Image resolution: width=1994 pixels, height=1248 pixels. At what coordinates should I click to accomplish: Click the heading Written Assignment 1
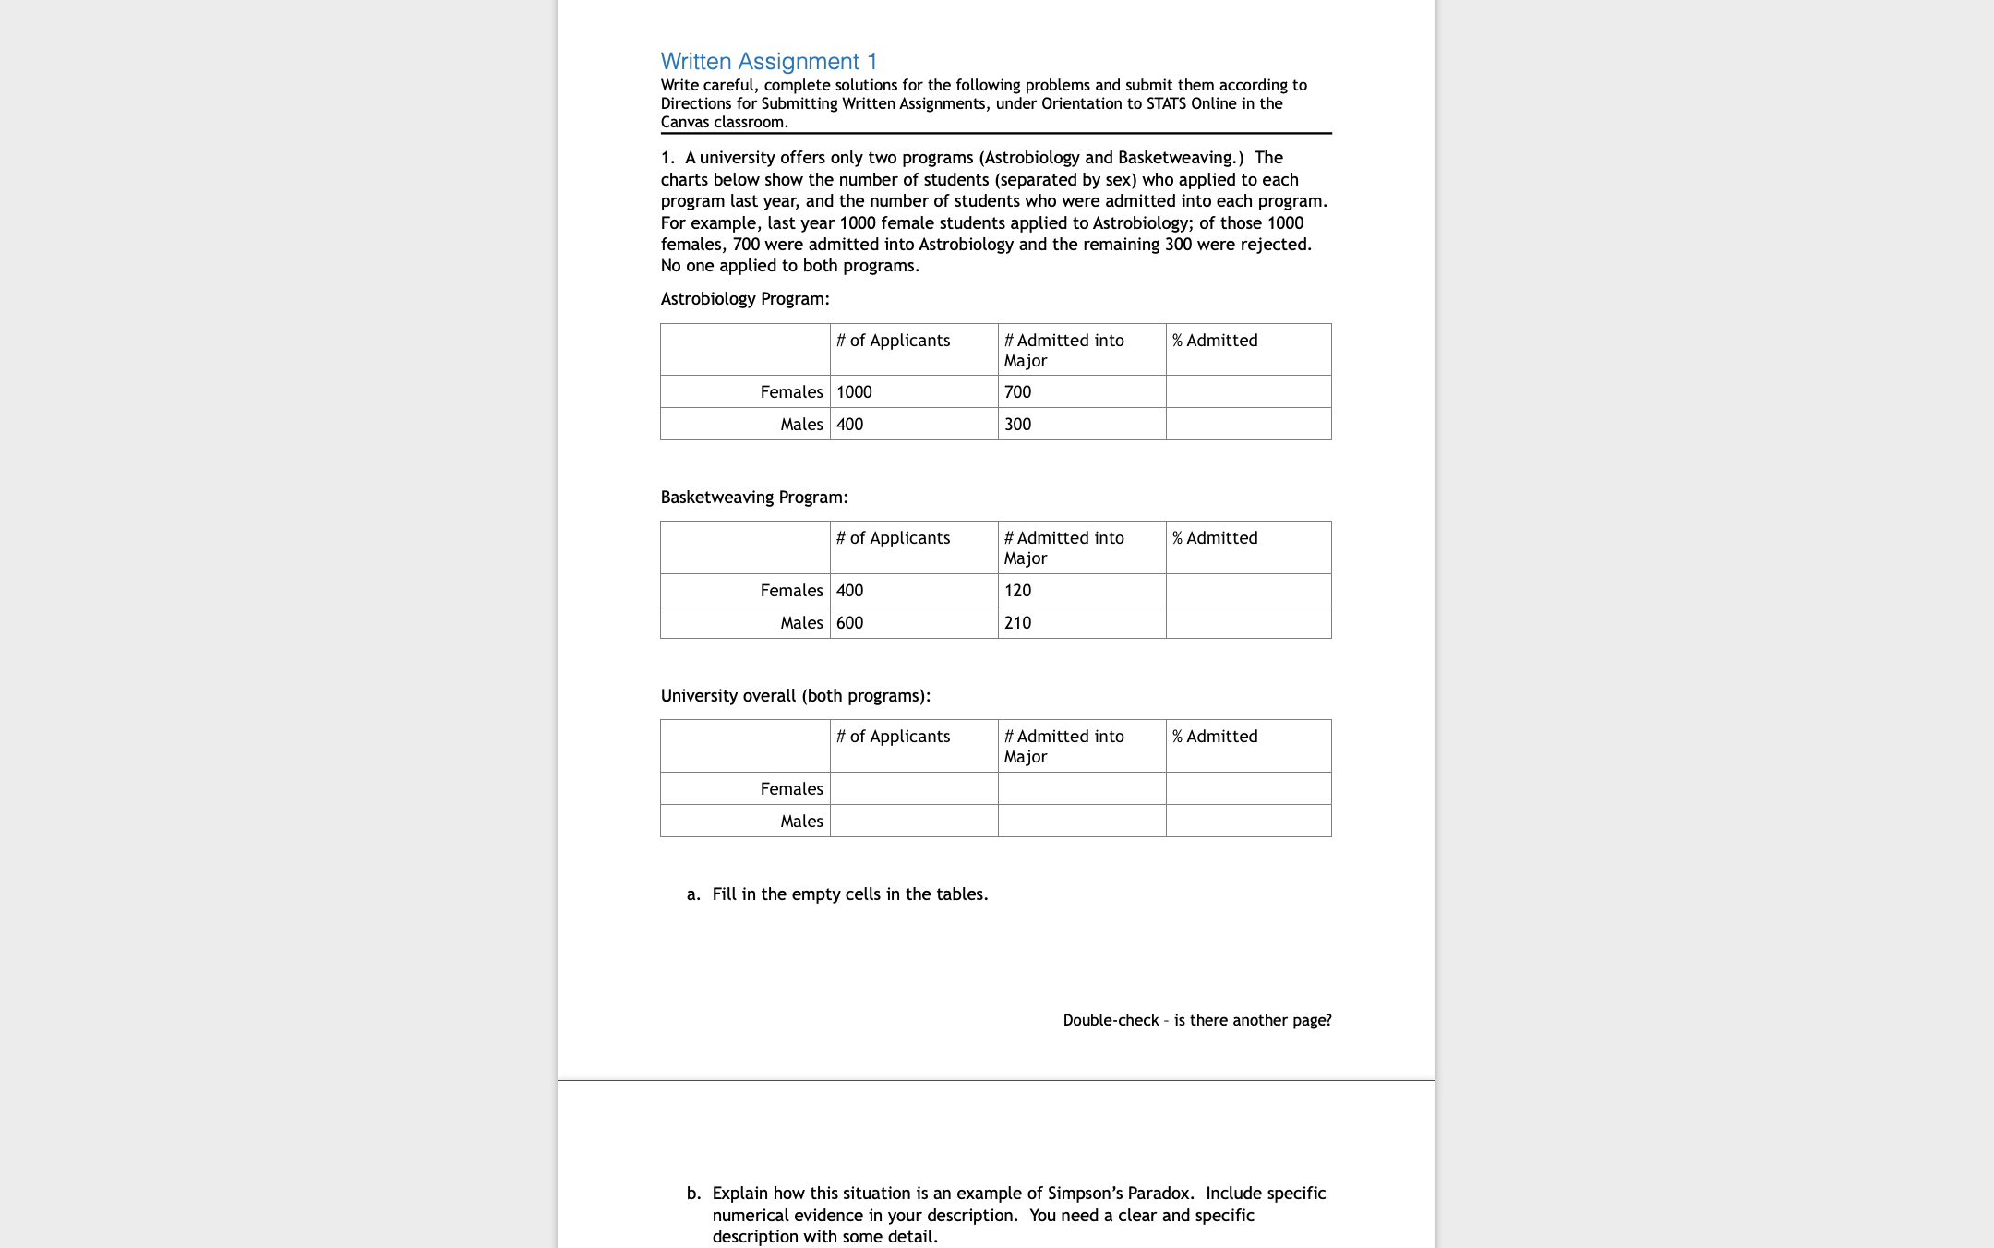[768, 62]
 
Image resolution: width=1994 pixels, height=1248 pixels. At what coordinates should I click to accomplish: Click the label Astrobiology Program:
[745, 299]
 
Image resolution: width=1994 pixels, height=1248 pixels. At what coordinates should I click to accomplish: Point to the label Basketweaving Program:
[753, 498]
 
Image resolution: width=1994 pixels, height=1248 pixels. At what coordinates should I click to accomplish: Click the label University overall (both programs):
[795, 696]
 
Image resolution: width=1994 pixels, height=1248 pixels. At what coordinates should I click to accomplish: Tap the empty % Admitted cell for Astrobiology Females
[1248, 392]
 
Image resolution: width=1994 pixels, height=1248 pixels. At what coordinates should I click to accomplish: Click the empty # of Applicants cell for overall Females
[913, 789]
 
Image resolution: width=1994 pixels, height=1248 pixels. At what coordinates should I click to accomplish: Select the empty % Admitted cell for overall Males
[1248, 822]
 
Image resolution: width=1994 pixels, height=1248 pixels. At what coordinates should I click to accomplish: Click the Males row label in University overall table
[801, 822]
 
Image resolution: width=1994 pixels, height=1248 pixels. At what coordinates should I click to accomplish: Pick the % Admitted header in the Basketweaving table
[1215, 538]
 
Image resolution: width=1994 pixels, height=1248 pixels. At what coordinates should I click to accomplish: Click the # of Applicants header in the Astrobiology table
[893, 341]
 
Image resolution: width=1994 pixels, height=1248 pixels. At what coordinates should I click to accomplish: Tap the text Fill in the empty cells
[849, 894]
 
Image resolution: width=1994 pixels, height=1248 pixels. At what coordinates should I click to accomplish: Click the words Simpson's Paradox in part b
[1121, 1194]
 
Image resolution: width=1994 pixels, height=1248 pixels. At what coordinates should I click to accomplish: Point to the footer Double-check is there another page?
[1196, 1020]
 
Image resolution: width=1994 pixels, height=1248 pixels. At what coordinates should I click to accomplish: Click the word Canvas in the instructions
[685, 122]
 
